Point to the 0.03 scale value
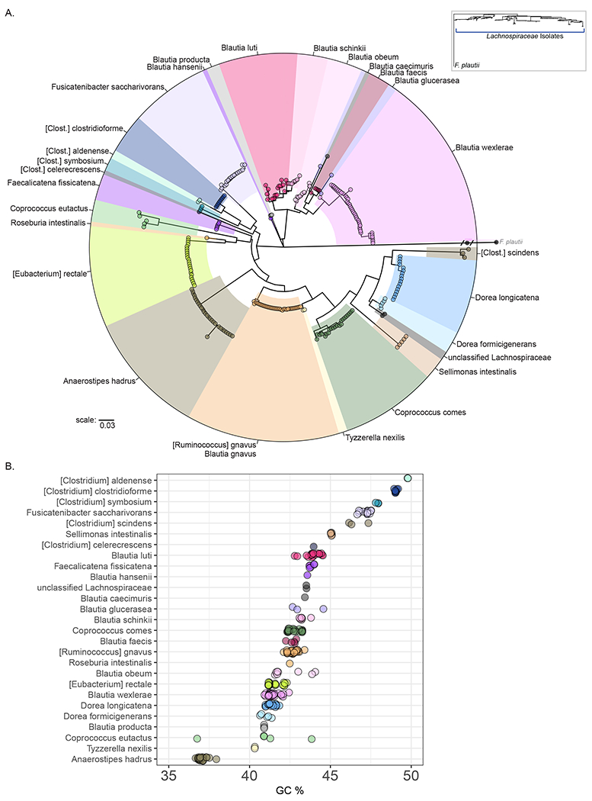point(107,425)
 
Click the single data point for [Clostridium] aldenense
point(408,478)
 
